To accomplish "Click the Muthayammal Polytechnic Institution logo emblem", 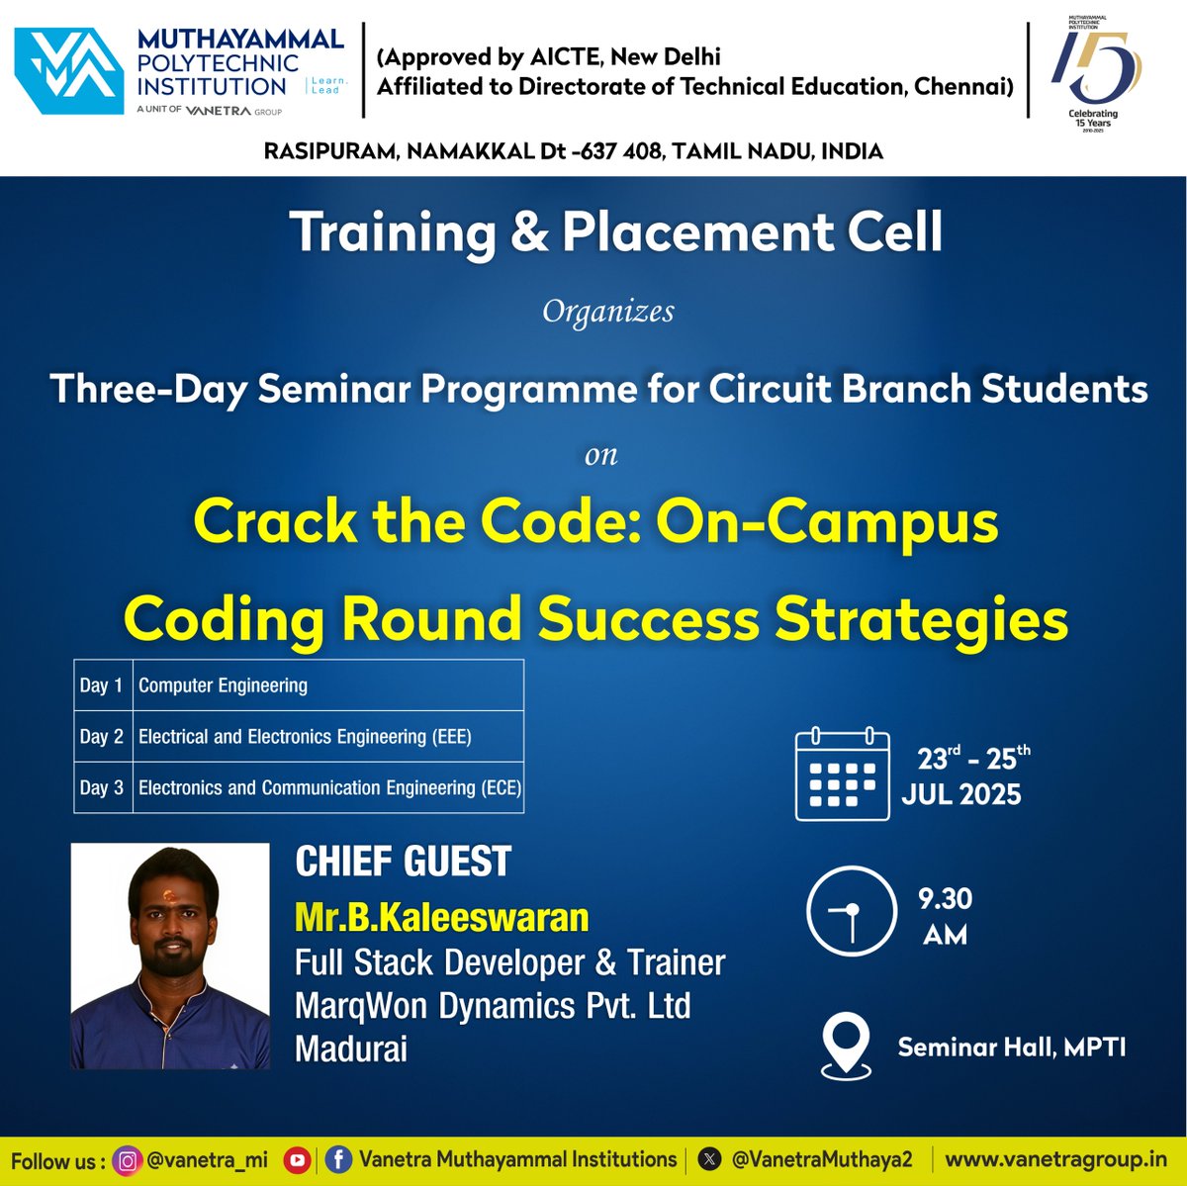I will (x=69, y=71).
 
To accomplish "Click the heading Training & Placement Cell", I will (x=615, y=232).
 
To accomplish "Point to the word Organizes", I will (x=608, y=312).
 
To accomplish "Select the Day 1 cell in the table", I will (x=102, y=685).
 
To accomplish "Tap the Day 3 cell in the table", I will (x=102, y=788).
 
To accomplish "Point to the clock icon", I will (x=850, y=911).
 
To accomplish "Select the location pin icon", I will (x=846, y=1046).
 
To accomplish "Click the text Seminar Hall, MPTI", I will (x=1011, y=1047).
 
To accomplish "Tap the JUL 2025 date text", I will (x=960, y=794).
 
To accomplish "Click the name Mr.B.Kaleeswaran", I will (x=441, y=918).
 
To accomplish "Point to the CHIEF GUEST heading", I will (x=403, y=862).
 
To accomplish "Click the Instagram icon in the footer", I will (x=128, y=1160).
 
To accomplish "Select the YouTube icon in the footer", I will (x=297, y=1160).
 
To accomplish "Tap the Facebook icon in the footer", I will (x=338, y=1160).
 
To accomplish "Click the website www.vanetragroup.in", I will (x=1055, y=1159).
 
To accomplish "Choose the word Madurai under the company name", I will (x=351, y=1049).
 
